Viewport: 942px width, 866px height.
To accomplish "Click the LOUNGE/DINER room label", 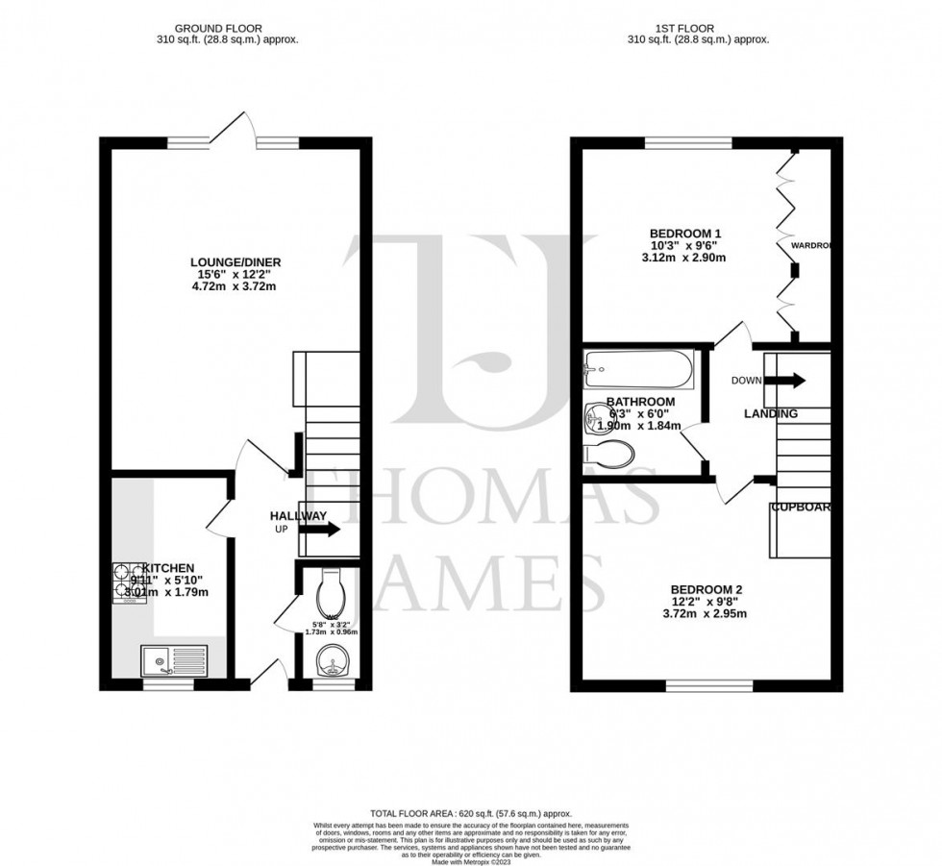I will click(235, 262).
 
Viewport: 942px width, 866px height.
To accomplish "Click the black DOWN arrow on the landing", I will click(785, 380).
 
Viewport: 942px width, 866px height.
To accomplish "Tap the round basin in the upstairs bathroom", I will click(594, 417).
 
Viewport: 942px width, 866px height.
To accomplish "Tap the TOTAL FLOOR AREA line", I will click(471, 814).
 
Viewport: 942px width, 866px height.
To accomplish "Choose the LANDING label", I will click(770, 413).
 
